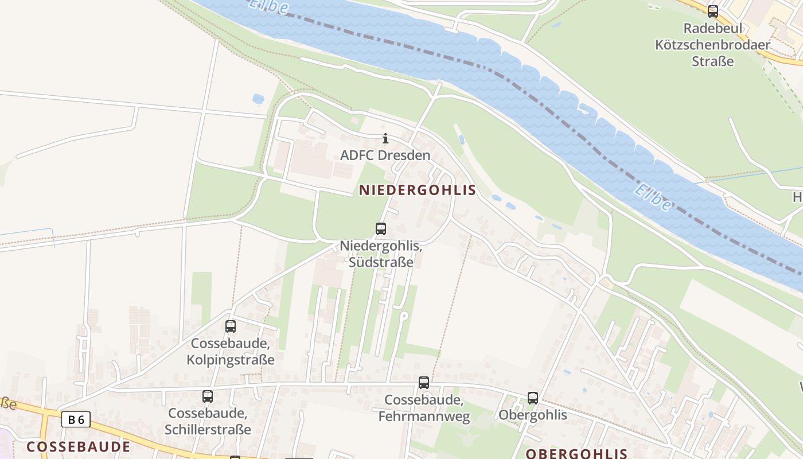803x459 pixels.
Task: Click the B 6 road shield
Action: point(76,420)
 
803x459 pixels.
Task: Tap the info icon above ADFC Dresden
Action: point(385,138)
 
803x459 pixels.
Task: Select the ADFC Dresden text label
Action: point(385,155)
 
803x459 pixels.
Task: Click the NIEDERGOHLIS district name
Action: point(418,190)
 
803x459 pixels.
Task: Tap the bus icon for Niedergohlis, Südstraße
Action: point(381,229)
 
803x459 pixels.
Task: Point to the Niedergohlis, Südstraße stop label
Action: point(381,254)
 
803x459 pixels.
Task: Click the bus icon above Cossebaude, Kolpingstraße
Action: point(231,326)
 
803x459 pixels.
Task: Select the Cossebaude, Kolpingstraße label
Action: point(231,352)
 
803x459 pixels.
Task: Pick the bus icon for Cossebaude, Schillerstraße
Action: point(208,396)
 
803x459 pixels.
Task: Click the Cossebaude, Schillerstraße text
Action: point(208,421)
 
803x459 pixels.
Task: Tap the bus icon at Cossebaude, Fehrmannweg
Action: point(424,383)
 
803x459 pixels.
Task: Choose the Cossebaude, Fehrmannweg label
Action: point(424,408)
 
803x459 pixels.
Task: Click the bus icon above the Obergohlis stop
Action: point(533,398)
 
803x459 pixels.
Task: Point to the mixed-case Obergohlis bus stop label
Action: point(533,415)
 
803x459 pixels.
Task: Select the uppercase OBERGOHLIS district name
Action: point(576,453)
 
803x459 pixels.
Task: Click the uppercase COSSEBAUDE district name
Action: point(79,446)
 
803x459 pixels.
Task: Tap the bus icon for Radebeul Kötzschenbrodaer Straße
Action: point(713,11)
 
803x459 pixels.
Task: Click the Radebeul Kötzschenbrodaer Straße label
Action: point(713,44)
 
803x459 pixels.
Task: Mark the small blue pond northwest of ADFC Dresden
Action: point(258,99)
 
